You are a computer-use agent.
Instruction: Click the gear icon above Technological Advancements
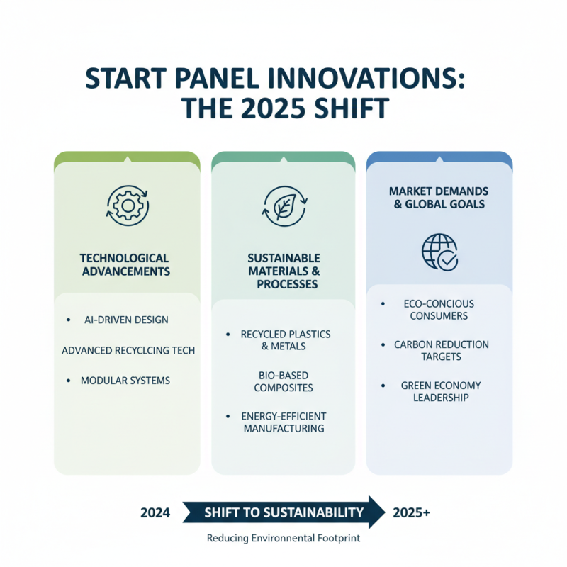click(127, 205)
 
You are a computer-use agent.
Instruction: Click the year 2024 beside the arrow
click(155, 512)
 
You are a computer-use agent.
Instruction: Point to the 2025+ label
click(410, 512)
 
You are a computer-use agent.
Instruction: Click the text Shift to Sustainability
click(283, 512)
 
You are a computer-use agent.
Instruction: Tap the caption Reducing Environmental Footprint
click(283, 539)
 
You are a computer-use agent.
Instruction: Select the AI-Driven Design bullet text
click(126, 320)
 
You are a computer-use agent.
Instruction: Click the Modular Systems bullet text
click(125, 381)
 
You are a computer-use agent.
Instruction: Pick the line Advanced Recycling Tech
click(128, 350)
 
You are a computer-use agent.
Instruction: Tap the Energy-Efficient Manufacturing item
click(283, 422)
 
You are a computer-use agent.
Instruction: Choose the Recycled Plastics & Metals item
click(283, 340)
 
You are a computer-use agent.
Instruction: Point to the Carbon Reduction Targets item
click(441, 350)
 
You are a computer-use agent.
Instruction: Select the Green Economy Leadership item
click(441, 391)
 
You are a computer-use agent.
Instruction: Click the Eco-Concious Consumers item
click(441, 310)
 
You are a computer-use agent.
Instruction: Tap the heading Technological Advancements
click(126, 264)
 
